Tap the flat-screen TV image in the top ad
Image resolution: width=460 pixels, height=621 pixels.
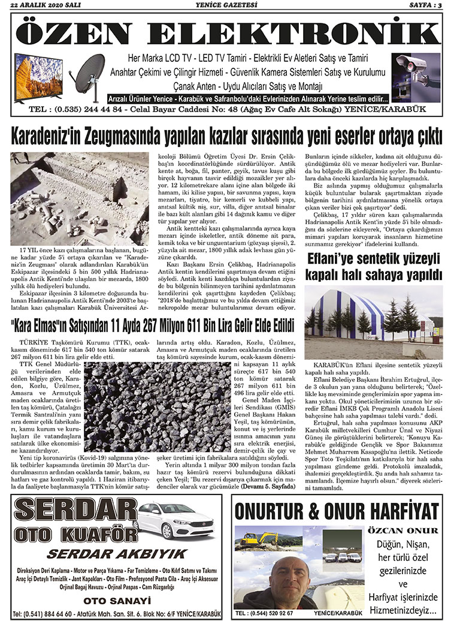(38, 77)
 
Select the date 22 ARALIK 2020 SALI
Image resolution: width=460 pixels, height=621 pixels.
(44, 5)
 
